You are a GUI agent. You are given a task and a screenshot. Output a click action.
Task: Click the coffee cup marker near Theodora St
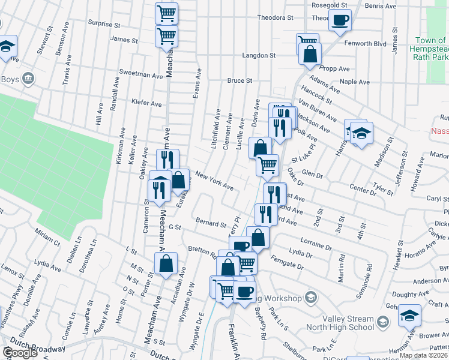click(x=340, y=20)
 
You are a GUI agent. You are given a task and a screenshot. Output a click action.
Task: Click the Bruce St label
click(x=239, y=80)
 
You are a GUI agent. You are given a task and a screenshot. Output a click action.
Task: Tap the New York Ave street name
click(x=214, y=182)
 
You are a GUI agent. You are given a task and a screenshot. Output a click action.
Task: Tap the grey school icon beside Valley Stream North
click(x=382, y=324)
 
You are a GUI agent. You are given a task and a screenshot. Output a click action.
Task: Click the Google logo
click(x=20, y=353)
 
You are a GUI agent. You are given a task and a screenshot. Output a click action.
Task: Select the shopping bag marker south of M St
click(x=166, y=263)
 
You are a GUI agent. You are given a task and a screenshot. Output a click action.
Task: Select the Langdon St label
click(x=259, y=55)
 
